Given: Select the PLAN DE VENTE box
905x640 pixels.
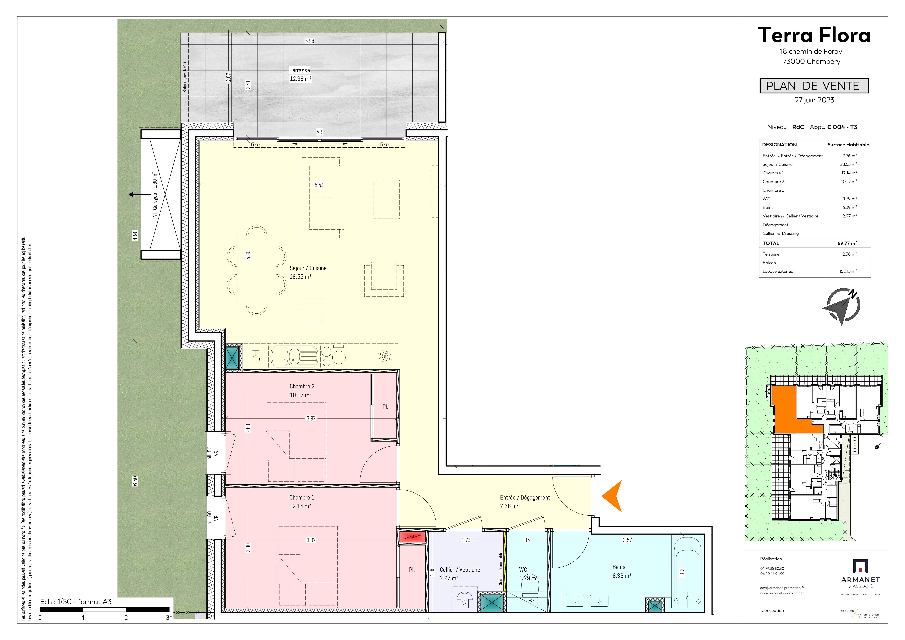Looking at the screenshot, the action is (814, 86).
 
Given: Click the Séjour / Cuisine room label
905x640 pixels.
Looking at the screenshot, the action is (308, 268).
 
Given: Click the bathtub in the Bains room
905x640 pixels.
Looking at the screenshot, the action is (687, 571).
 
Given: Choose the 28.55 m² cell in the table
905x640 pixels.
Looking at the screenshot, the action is (848, 164).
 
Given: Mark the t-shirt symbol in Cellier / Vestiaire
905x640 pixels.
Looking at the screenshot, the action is (465, 599).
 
